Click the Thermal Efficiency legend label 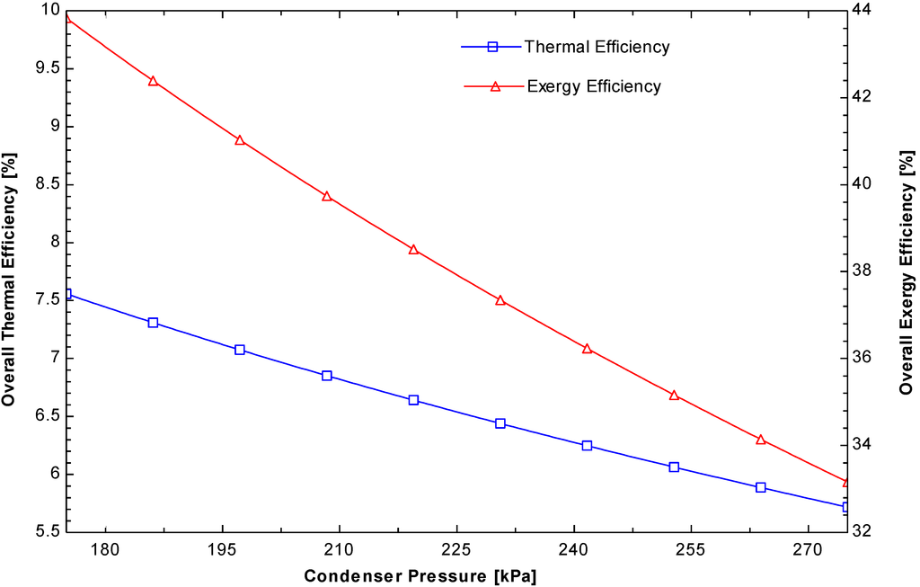coord(597,47)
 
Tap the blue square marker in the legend coord(491,47)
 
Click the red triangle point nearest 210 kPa coord(327,196)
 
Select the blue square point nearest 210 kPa coord(327,376)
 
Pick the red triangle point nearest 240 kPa coord(587,348)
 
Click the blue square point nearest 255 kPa coord(674,467)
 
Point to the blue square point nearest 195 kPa coord(240,350)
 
